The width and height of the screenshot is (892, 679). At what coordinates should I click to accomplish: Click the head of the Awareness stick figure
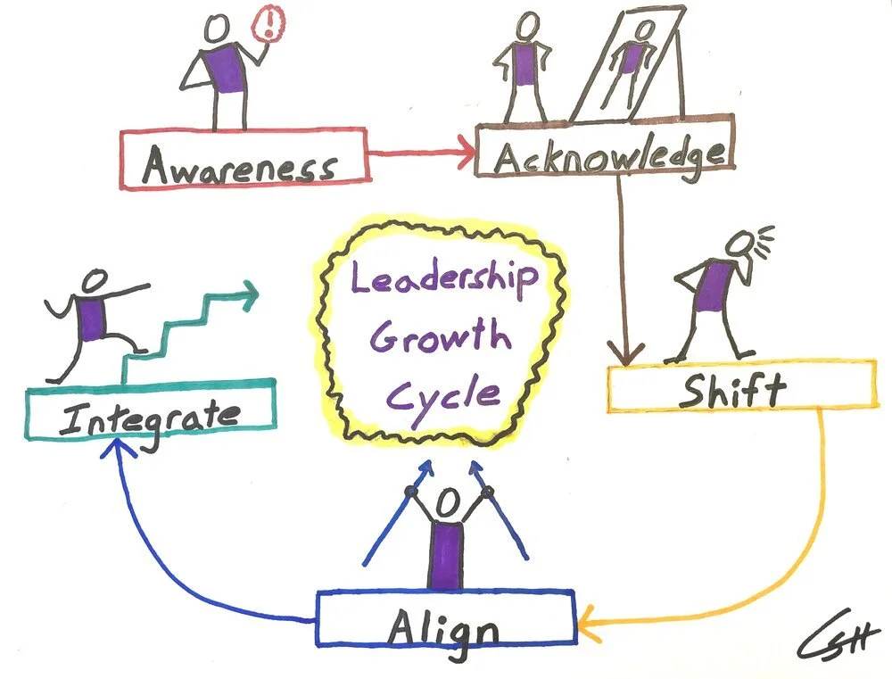coord(218,29)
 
